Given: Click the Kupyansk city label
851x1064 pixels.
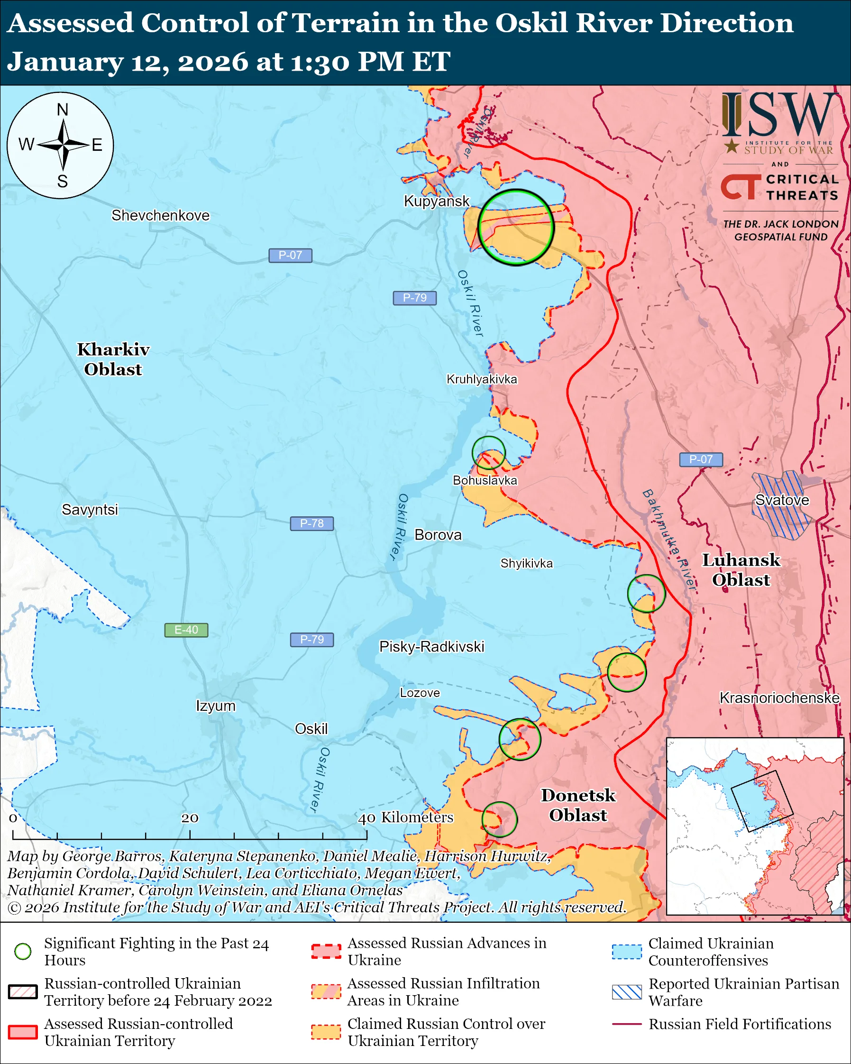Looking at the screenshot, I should [x=437, y=201].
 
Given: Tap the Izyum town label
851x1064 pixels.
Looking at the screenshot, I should [x=216, y=706].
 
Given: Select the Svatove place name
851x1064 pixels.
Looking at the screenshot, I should [x=782, y=500].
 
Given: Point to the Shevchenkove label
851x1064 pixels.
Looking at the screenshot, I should [x=160, y=215].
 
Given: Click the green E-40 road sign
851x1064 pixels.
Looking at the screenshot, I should [x=186, y=630].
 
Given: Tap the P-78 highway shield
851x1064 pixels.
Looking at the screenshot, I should [x=311, y=523].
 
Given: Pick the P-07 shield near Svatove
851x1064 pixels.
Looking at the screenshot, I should [x=701, y=459].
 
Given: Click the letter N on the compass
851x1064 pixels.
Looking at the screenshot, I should [x=62, y=110].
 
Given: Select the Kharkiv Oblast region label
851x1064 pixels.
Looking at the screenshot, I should [x=113, y=359].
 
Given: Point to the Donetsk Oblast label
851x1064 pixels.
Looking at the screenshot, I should [x=578, y=805].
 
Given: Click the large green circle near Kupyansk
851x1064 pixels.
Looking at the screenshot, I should [x=516, y=228].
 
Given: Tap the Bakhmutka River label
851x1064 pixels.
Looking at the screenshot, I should [x=669, y=540].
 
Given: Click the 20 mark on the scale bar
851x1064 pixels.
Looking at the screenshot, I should [x=190, y=818].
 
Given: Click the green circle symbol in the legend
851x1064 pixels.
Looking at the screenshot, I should [x=23, y=952].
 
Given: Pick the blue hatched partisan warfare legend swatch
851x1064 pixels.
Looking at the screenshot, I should [x=627, y=992].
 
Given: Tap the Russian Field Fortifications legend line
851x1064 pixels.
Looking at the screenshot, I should [x=627, y=1024].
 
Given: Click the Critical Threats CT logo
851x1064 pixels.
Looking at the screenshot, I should [x=741, y=186].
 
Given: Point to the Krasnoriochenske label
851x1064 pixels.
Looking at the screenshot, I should [x=779, y=698].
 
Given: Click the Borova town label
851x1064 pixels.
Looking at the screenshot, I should [x=438, y=535].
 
